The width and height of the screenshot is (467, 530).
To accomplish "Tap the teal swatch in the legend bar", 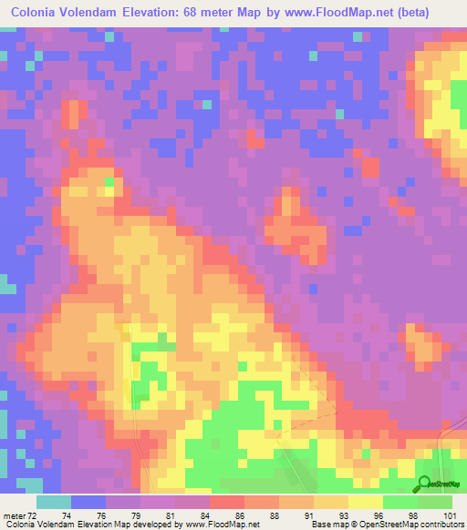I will [54, 502].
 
